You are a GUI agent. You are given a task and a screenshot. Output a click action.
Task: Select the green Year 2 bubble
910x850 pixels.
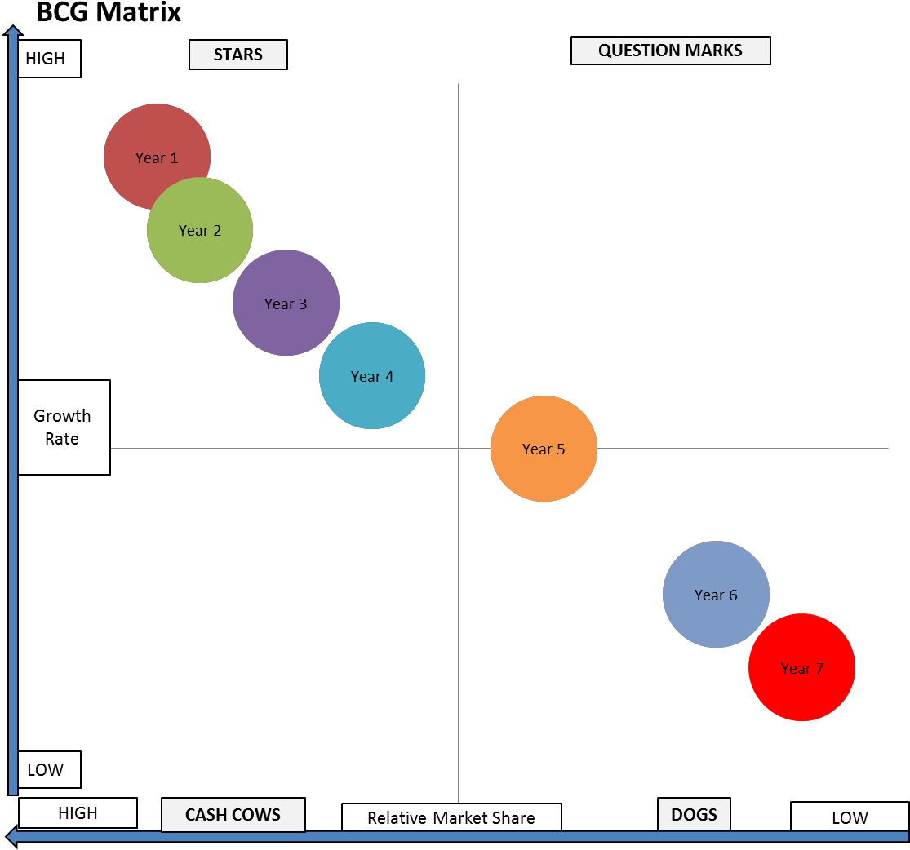pyautogui.click(x=200, y=231)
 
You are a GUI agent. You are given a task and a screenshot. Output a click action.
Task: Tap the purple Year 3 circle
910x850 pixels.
pyautogui.click(x=286, y=303)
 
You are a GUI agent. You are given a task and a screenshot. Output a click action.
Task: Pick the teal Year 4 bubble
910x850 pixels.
pyautogui.click(x=372, y=376)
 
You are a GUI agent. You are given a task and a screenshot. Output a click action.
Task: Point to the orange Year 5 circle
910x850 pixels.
pyautogui.click(x=544, y=449)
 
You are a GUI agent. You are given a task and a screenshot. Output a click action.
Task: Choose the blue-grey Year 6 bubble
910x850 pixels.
pyautogui.click(x=716, y=594)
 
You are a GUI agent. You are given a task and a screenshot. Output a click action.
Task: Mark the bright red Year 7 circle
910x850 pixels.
pyautogui.click(x=801, y=667)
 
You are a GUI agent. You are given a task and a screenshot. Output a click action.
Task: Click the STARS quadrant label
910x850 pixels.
pyautogui.click(x=238, y=55)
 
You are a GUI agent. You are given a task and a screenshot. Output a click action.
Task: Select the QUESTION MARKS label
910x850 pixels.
pyautogui.click(x=670, y=51)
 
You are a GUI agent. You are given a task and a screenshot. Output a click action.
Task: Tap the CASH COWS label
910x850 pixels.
pyautogui.click(x=233, y=815)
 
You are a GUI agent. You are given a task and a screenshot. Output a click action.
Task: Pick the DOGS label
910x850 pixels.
pyautogui.click(x=694, y=814)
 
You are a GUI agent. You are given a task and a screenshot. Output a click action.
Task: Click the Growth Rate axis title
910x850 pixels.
pyautogui.click(x=63, y=427)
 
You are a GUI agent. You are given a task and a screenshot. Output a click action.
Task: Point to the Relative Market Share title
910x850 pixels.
pyautogui.click(x=451, y=817)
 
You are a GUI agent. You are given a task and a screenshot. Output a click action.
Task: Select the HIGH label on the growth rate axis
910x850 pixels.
pyautogui.click(x=49, y=60)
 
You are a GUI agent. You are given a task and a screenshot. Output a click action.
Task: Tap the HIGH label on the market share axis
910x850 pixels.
pyautogui.click(x=78, y=813)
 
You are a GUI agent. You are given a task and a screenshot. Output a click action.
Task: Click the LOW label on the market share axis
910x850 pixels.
pyautogui.click(x=849, y=817)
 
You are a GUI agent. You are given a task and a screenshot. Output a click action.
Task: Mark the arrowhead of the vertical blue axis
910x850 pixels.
pyautogui.click(x=12, y=33)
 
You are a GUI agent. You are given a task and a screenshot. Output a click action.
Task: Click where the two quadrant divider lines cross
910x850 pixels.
pyautogui.click(x=458, y=448)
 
